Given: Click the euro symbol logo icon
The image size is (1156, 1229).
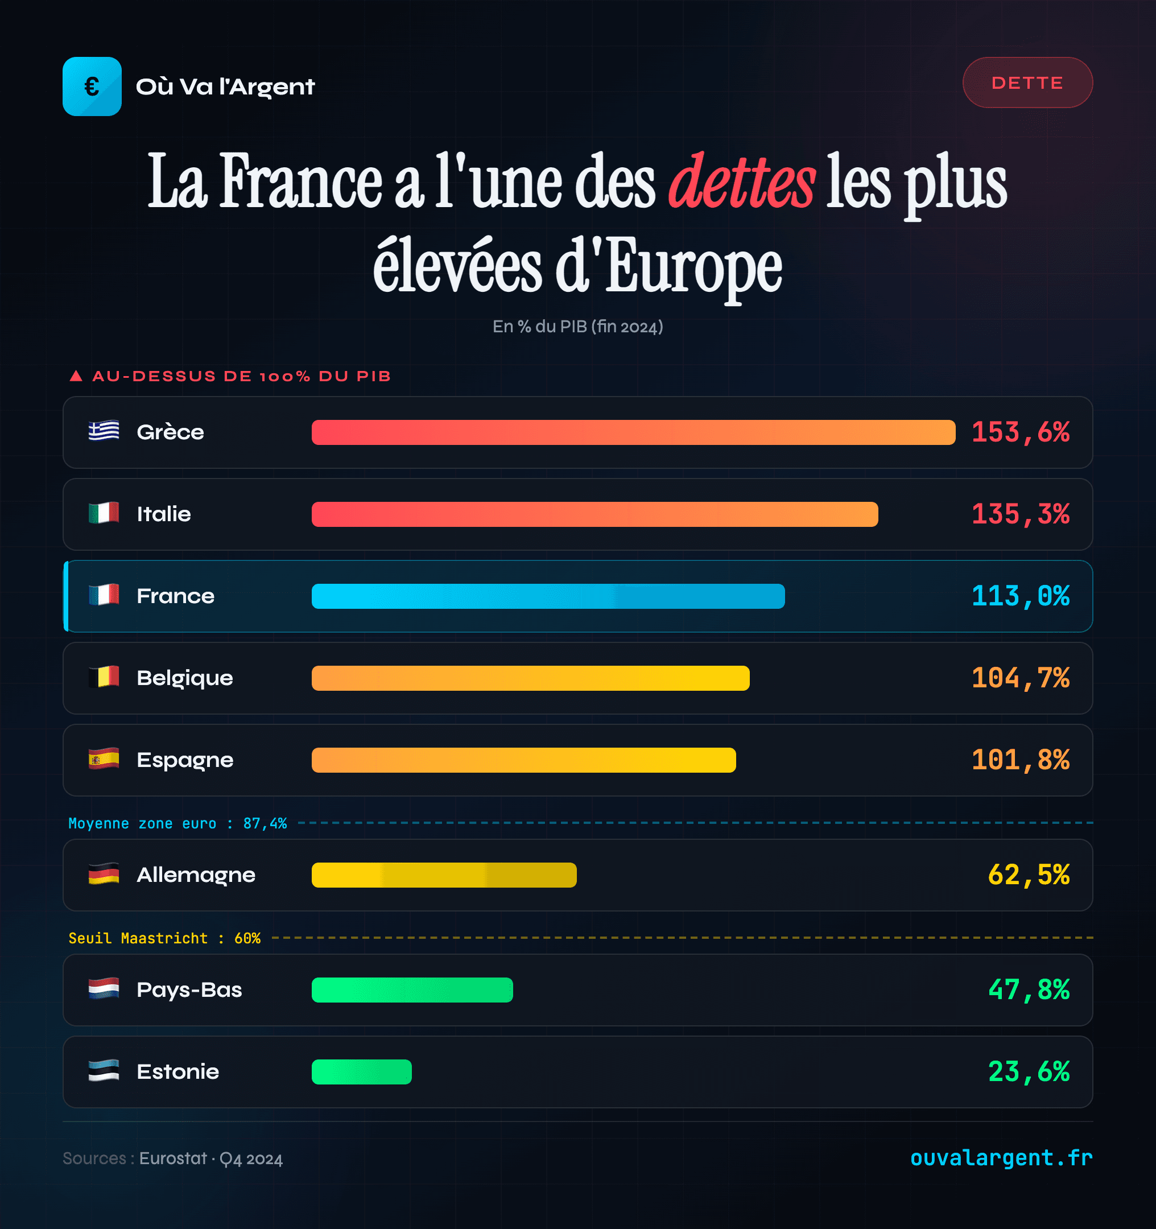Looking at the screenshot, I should [92, 86].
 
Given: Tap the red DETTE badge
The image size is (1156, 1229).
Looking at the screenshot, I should [1027, 83].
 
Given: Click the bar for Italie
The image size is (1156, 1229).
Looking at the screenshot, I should [594, 514].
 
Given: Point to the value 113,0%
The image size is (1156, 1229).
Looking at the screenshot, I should [1020, 596].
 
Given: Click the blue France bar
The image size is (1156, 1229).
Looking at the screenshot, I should [548, 596].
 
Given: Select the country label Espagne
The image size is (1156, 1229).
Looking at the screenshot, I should [185, 760].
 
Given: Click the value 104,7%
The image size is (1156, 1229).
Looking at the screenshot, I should [1020, 678].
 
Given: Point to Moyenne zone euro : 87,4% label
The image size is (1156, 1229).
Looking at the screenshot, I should [177, 823].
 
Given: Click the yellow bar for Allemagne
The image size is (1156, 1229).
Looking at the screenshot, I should [444, 875].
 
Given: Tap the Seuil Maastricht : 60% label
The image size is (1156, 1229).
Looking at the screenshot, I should [164, 938].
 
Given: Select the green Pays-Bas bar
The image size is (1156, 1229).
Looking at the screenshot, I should [412, 990].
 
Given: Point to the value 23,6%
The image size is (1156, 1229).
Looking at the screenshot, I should [1028, 1072].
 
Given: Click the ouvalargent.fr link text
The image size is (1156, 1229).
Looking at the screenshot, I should [1001, 1157].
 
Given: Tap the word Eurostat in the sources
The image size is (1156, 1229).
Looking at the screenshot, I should [173, 1158].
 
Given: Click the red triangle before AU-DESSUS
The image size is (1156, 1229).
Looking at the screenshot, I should [76, 376].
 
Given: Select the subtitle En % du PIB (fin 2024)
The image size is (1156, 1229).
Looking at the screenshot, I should [577, 327].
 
